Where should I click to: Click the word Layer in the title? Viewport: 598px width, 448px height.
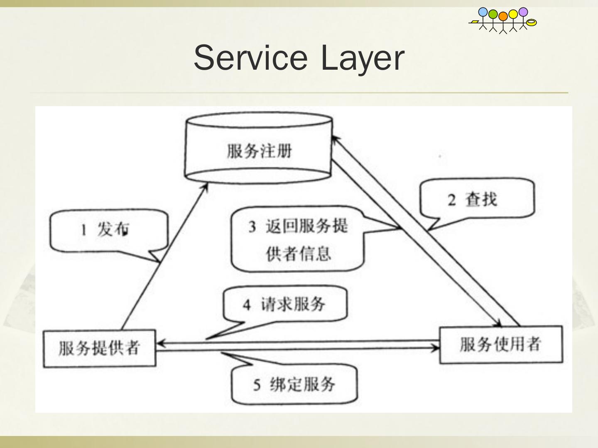(362, 58)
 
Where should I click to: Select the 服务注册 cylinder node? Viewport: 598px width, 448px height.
(258, 150)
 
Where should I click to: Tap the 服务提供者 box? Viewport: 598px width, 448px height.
(99, 348)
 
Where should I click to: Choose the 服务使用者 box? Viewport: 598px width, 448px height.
(501, 344)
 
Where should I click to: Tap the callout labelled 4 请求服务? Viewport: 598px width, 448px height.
(285, 304)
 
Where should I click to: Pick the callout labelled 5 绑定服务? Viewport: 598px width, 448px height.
(294, 384)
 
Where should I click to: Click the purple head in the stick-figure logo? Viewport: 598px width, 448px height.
(523, 12)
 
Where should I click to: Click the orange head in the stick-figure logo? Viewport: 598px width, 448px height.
(503, 16)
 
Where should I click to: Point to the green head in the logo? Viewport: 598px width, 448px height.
(493, 14)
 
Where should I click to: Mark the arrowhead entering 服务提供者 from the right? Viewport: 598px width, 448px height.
(160, 343)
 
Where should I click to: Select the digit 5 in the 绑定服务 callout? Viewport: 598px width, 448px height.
(257, 385)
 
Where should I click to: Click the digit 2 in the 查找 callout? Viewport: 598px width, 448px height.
(452, 200)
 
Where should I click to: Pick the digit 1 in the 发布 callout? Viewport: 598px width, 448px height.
(83, 230)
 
